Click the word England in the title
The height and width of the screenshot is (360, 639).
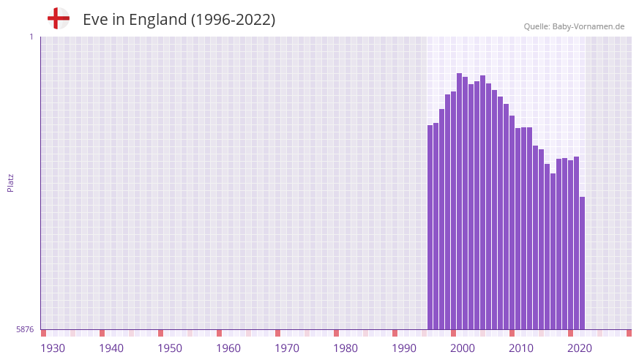157,20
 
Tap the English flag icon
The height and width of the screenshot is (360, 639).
59,18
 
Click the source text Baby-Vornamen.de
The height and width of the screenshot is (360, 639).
588,26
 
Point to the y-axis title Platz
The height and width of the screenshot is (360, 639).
10,183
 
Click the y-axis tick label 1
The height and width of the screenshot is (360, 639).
31,37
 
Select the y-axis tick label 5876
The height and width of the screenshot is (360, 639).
25,330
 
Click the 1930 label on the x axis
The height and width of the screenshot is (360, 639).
53,348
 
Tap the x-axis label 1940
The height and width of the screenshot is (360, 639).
111,348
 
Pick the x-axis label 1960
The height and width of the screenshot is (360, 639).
228,348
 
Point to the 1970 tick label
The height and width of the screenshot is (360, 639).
287,348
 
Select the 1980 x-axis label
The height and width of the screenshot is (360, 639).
345,348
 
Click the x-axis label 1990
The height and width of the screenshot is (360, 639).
404,348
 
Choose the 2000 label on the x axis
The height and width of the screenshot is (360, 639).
463,348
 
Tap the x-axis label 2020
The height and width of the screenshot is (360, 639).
580,348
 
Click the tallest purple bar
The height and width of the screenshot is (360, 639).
460,201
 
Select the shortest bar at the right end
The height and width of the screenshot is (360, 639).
582,263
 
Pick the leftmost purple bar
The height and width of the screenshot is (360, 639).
430,227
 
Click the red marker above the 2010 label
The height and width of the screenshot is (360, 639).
512,333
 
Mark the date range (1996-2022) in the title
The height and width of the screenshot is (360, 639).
233,20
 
